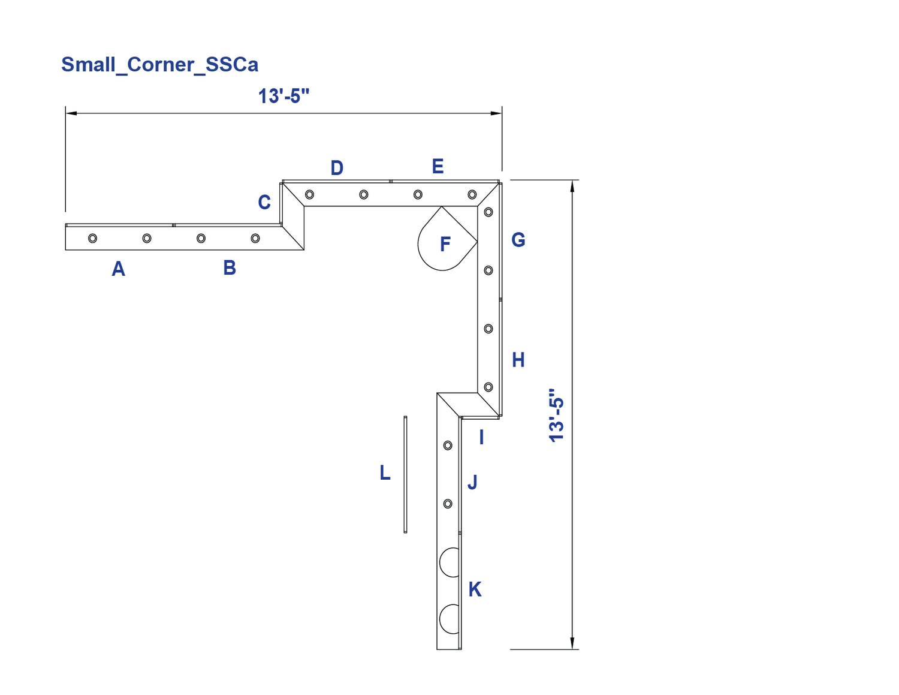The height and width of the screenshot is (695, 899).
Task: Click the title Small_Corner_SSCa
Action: (159, 65)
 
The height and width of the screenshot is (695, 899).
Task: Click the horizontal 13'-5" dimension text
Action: (284, 96)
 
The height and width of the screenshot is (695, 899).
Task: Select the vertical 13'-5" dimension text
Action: (556, 415)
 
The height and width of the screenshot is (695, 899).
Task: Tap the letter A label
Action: (118, 269)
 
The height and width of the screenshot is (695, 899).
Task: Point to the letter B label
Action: (230, 268)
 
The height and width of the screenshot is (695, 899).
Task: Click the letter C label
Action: (264, 203)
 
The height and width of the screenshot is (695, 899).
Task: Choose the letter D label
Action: (337, 168)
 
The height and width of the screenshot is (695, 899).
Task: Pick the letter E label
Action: (438, 166)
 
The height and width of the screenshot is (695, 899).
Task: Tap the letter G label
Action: (518, 240)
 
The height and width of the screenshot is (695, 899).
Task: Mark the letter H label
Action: (518, 360)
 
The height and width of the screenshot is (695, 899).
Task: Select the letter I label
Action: (481, 437)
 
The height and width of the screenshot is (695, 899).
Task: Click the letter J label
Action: (472, 482)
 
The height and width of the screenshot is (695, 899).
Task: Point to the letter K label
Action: (475, 589)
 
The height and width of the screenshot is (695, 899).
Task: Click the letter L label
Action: (385, 473)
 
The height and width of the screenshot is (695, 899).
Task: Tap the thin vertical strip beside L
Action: (405, 474)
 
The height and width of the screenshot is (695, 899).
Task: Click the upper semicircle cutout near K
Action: (440, 562)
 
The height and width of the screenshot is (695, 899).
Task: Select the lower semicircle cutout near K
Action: (440, 619)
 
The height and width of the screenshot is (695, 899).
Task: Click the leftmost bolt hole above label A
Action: (93, 239)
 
